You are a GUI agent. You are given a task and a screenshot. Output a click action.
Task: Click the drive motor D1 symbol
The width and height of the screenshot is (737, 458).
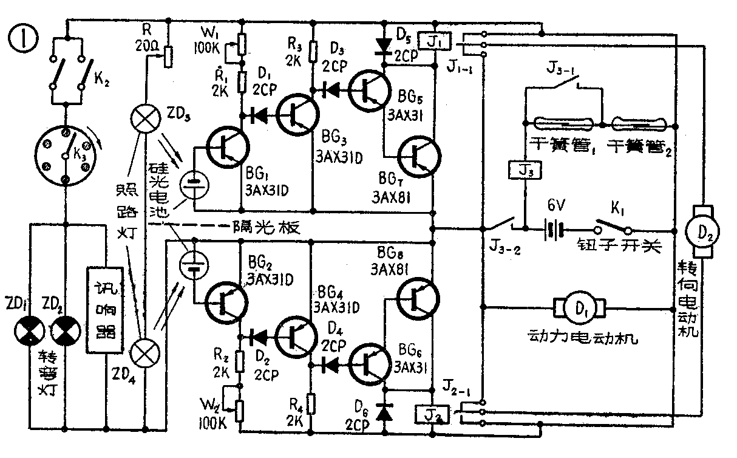[576, 307]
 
